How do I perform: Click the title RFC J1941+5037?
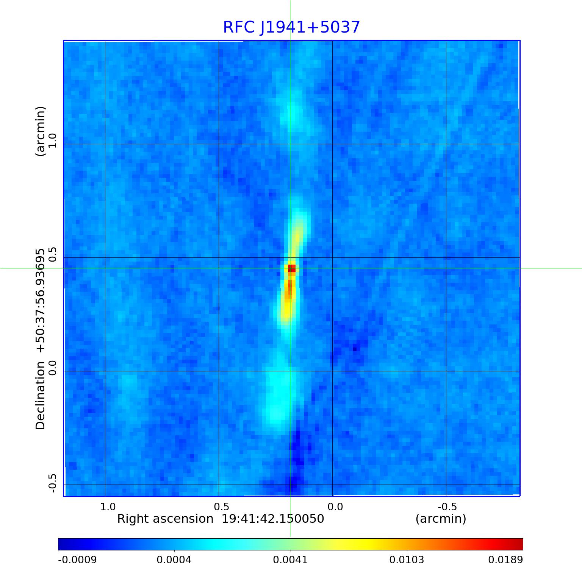click(291, 27)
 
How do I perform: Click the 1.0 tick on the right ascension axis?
click(108, 507)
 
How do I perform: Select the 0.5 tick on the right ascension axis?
click(222, 507)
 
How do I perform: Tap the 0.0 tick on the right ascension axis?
click(335, 507)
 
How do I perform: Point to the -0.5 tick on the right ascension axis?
click(447, 507)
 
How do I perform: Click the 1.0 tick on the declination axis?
click(52, 141)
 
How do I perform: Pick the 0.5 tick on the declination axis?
click(52, 255)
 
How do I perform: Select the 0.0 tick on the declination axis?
click(52, 368)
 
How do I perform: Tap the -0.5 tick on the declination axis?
click(52, 483)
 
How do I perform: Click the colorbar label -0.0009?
click(77, 560)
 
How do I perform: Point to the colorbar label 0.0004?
click(174, 560)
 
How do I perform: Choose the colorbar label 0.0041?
click(290, 560)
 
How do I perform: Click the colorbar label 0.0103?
click(407, 560)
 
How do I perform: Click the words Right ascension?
click(165, 519)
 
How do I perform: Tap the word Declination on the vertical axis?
click(40, 395)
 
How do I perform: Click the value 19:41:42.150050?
click(273, 519)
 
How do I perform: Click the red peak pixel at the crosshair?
click(291, 268)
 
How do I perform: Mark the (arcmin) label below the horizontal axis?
click(441, 519)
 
